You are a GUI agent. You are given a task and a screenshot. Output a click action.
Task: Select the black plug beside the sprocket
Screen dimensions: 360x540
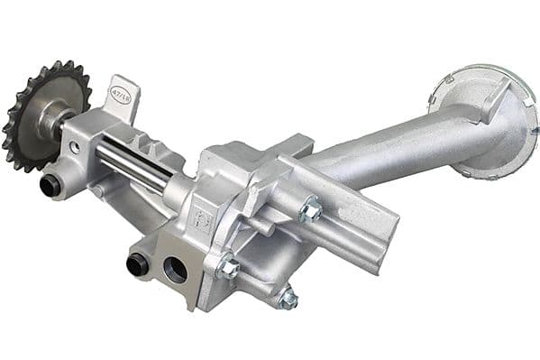point(50,186)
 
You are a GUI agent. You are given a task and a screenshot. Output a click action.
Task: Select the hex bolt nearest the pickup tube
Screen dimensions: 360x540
point(311,211)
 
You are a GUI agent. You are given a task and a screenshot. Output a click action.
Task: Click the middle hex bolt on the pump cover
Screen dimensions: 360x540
point(229,267)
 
